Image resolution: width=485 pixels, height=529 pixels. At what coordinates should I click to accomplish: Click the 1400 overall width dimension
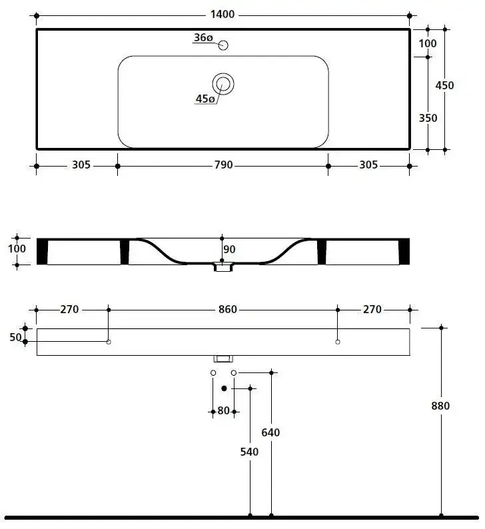(x=223, y=15)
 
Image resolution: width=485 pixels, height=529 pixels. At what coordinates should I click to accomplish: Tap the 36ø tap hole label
(x=203, y=37)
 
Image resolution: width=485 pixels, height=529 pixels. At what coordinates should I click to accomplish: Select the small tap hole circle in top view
(x=223, y=45)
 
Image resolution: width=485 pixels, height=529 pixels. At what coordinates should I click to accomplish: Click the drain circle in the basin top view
(x=223, y=84)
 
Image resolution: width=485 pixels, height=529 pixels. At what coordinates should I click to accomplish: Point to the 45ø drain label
(x=205, y=99)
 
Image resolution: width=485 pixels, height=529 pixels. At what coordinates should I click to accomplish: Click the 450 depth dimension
(x=444, y=85)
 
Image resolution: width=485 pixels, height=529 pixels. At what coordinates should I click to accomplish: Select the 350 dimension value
(x=428, y=118)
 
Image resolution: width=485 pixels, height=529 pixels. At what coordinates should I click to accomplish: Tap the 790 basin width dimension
(x=223, y=165)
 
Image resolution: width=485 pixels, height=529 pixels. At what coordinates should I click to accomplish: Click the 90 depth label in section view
(x=229, y=249)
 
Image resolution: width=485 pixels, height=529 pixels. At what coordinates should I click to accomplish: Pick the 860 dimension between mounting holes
(x=228, y=309)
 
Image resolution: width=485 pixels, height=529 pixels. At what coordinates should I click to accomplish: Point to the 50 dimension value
(x=15, y=337)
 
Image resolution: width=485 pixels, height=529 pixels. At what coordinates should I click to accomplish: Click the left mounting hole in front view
(x=109, y=342)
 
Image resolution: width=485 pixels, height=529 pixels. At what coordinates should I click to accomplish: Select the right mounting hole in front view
(x=338, y=342)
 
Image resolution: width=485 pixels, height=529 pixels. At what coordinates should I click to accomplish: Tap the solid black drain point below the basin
(x=224, y=388)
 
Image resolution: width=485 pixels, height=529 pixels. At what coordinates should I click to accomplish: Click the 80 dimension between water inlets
(x=223, y=410)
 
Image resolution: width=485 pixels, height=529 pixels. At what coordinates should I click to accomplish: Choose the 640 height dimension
(x=270, y=432)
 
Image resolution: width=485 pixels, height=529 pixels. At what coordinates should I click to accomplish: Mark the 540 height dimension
(x=249, y=452)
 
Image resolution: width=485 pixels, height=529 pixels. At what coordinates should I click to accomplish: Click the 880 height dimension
(x=440, y=406)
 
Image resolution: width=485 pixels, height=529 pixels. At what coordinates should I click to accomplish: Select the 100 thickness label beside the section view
(x=17, y=249)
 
